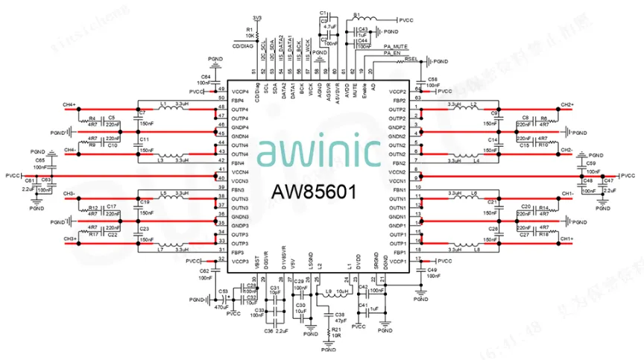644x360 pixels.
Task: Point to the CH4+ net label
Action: (x=69, y=104)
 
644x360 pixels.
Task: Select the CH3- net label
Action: (x=69, y=194)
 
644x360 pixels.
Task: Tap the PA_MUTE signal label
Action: (x=396, y=46)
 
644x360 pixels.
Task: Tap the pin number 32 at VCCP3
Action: (x=221, y=258)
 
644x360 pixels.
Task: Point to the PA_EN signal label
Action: (x=393, y=53)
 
